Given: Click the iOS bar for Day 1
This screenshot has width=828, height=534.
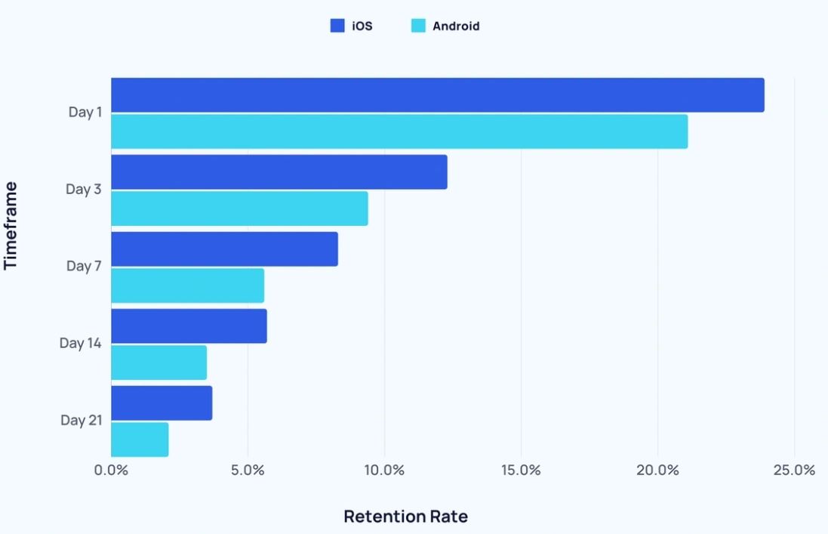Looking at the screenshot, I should point(438,95).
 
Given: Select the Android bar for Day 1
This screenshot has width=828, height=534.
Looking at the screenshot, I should point(399,131).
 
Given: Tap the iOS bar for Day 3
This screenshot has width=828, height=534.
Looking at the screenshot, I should point(279,172).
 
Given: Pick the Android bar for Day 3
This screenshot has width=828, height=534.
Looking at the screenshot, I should point(239,208).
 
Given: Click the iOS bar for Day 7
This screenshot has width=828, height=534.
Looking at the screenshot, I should point(224,249).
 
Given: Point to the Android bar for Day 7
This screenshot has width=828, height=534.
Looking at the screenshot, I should point(187,286).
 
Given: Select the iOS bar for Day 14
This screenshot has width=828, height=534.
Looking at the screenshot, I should point(189,326).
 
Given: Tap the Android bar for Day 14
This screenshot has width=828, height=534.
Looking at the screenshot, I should point(159,363).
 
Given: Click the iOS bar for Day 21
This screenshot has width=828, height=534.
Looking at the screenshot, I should point(162,403).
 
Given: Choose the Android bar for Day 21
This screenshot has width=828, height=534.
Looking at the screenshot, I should point(140,440).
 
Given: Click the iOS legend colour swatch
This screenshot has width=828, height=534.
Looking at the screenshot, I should point(337,26).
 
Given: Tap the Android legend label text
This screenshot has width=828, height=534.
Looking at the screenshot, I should point(456,26).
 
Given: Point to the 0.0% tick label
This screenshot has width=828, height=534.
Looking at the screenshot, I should point(111,470).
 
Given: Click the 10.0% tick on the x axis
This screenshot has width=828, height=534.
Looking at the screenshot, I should point(384,470).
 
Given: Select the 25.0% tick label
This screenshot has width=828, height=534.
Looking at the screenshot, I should point(794,470).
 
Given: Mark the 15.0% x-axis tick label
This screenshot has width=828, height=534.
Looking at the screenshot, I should point(521,470).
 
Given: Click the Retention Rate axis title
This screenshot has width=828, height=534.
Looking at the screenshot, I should point(405,517).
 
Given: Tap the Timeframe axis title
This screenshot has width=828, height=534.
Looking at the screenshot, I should point(11,225).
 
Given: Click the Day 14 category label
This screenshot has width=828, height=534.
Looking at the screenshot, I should point(80,343).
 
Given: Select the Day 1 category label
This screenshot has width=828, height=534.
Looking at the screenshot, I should point(85,112).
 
